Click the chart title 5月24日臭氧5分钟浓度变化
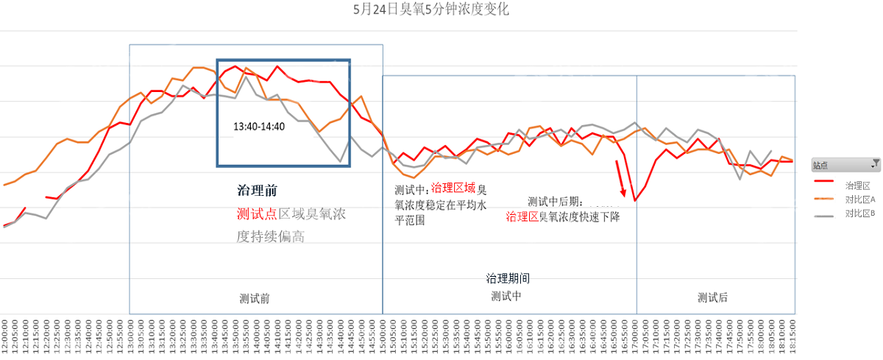pos(431,10)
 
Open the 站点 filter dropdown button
pos(875,164)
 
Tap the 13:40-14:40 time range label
pos(259,126)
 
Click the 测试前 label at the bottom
pos(255,298)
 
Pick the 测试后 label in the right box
pos(712,297)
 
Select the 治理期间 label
pos(508,278)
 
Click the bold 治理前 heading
pos(257,190)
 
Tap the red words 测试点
pos(255,213)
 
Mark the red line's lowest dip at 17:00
pos(634,200)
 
